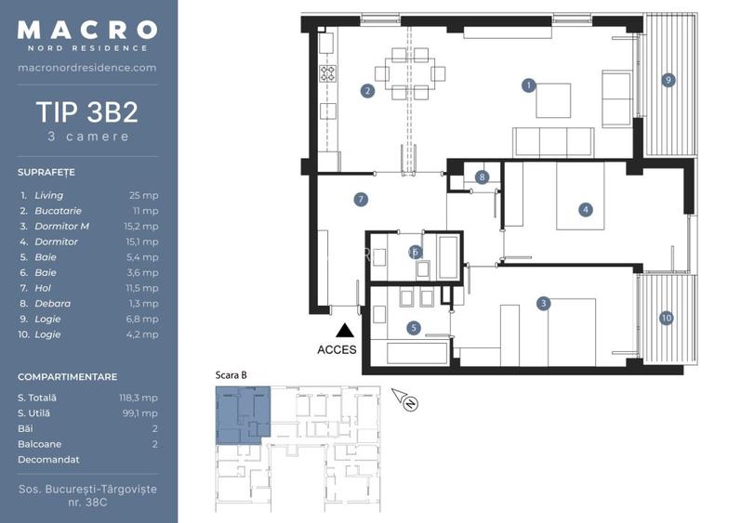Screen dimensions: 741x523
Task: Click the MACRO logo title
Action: [87, 30]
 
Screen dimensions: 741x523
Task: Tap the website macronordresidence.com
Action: [87, 68]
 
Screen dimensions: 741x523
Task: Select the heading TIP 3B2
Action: [87, 112]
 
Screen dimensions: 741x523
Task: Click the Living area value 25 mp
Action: [144, 195]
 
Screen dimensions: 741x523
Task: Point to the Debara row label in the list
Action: [52, 304]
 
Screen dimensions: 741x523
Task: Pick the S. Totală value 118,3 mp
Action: [138, 398]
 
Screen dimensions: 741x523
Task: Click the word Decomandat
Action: [48, 460]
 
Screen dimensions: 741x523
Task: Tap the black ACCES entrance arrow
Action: [345, 331]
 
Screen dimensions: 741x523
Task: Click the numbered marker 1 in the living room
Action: [529, 85]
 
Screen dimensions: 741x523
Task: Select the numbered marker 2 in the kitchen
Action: [367, 91]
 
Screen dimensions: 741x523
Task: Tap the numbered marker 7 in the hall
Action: [361, 199]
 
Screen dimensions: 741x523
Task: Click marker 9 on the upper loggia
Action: [668, 80]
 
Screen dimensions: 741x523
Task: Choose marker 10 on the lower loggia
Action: [667, 318]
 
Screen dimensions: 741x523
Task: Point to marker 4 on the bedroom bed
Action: [586, 210]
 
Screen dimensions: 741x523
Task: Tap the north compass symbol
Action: [406, 399]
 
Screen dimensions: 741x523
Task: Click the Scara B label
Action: [232, 375]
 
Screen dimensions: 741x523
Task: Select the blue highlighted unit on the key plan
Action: [242, 414]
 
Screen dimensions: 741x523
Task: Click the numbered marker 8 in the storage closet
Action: [482, 177]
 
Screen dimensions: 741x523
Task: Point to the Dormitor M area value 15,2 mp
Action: [141, 227]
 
